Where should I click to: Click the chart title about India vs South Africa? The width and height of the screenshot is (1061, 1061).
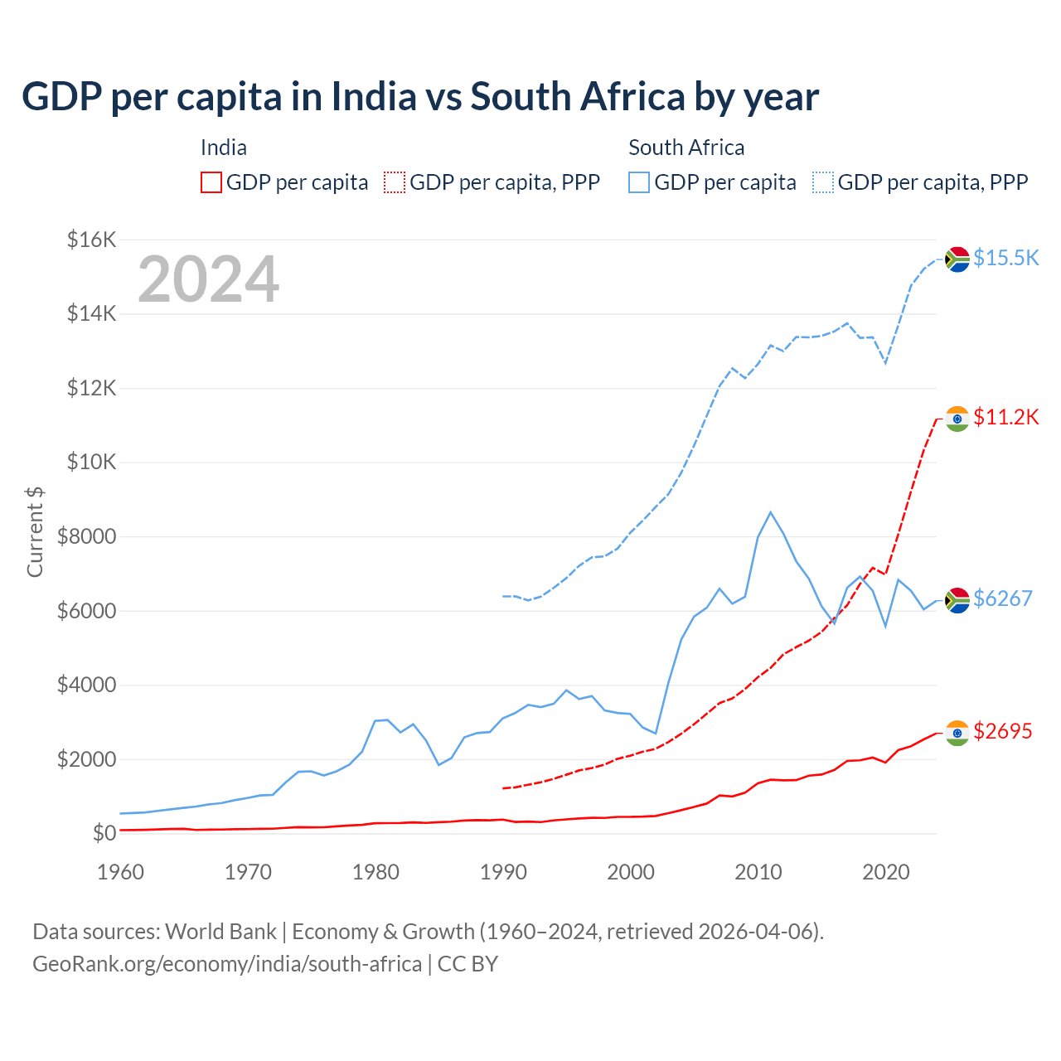tap(419, 97)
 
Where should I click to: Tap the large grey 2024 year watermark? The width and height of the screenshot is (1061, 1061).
tap(208, 279)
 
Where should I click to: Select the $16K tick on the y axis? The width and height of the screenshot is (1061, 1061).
tap(91, 240)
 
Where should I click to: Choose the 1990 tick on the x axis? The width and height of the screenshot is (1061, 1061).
tap(503, 872)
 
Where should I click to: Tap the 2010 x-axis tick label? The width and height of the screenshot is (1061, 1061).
tap(758, 872)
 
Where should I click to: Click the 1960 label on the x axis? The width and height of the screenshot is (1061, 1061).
tap(121, 872)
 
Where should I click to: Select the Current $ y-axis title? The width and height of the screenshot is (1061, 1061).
tap(35, 532)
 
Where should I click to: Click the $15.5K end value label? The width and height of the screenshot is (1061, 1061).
tap(1005, 259)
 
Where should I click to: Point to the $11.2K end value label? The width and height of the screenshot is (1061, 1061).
tap(1005, 417)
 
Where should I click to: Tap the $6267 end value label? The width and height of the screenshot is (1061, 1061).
tap(1002, 598)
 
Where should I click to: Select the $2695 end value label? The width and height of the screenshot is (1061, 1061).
tap(1002, 731)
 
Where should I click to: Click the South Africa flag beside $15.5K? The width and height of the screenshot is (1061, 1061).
tap(957, 259)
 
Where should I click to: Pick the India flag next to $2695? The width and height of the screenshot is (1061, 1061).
tap(957, 733)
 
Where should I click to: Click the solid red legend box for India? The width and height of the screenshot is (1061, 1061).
tap(211, 182)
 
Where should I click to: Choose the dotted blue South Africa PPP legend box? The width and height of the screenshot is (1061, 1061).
tap(823, 182)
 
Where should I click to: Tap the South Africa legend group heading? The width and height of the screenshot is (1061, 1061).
tap(686, 148)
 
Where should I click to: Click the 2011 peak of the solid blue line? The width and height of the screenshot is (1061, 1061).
tap(770, 512)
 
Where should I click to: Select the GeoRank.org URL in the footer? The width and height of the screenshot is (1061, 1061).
tap(227, 964)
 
